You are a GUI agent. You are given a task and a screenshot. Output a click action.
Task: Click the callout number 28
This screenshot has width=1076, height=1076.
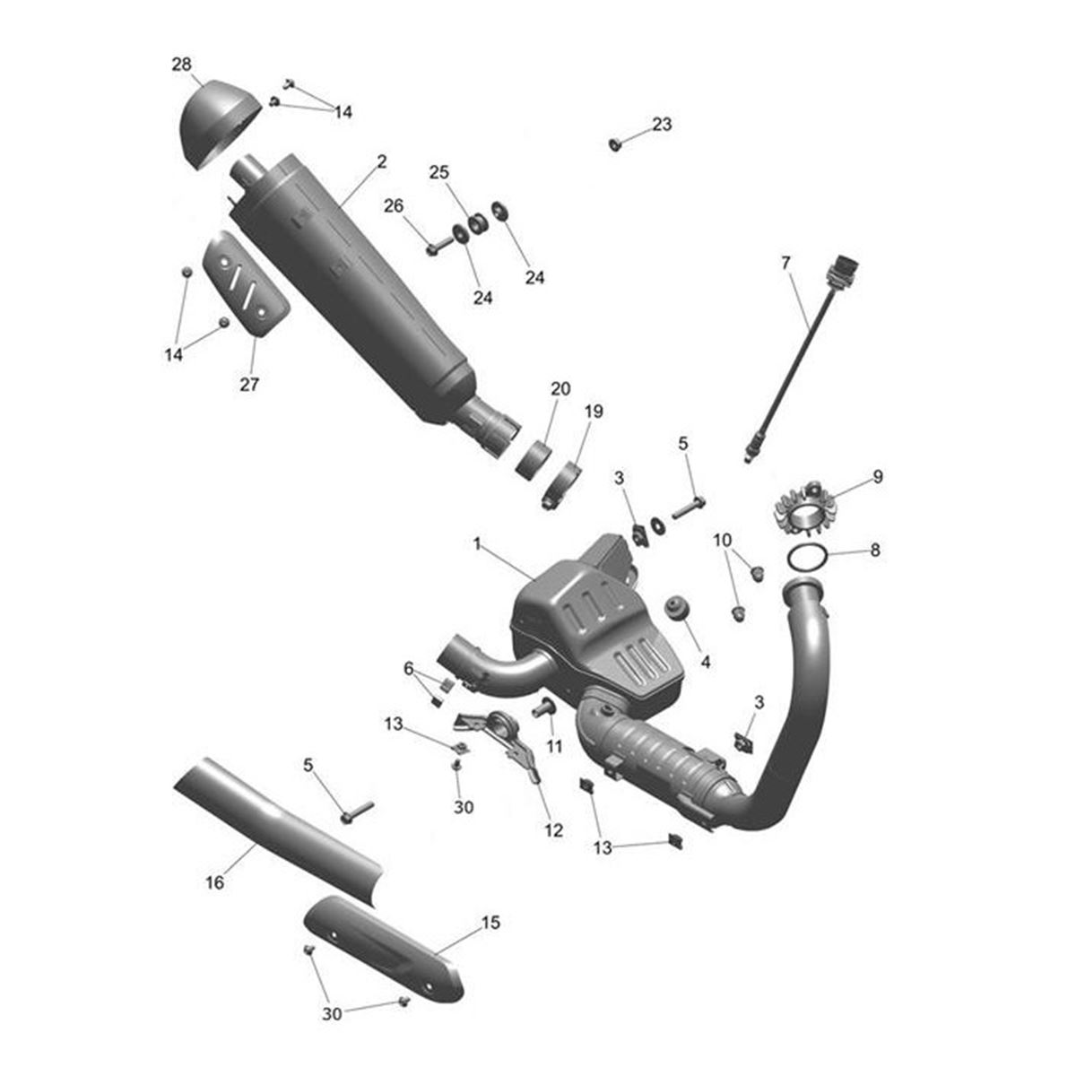pos(181,65)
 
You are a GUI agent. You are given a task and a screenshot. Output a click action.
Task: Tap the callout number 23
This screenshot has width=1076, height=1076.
pos(662,124)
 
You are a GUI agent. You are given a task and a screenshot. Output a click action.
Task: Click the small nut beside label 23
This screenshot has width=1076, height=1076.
pos(615,144)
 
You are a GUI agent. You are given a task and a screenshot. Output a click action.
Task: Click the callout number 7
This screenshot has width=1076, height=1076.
pos(785,263)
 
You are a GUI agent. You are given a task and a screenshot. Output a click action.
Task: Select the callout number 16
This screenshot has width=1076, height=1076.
pos(214,883)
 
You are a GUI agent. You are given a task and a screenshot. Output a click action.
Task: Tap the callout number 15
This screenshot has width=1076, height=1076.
pos(490,923)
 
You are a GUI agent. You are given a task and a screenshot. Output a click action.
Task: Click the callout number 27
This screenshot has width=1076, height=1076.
pos(249,384)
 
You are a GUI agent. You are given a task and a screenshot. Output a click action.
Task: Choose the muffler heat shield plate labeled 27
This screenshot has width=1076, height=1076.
pos(246,283)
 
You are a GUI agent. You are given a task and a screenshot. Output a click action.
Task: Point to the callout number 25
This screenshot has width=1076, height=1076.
pos(438,172)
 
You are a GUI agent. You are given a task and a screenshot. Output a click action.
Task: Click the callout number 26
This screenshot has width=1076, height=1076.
pos(393,206)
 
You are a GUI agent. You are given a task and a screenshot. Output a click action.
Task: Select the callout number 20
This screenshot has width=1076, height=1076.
pos(560,388)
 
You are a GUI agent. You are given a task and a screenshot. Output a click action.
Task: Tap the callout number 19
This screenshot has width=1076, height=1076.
pos(594,412)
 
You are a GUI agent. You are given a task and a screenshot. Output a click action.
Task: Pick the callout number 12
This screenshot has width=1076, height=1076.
pos(553,830)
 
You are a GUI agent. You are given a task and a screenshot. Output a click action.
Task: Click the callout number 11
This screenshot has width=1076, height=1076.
pos(554,747)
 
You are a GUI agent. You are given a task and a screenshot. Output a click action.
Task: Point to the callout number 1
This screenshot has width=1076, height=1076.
pos(476,543)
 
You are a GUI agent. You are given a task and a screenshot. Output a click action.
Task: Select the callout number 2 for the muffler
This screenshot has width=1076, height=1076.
pos(381,162)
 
